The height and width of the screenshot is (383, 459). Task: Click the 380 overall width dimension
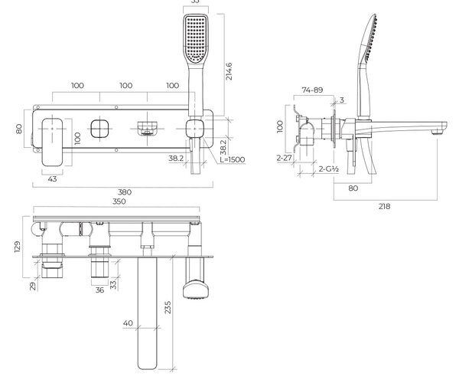click(125, 192)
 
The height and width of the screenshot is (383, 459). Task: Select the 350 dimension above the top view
click(119, 201)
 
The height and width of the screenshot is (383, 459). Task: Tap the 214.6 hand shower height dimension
click(229, 71)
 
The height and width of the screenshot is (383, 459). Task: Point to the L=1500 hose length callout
click(233, 159)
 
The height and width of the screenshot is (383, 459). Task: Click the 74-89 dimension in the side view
click(312, 90)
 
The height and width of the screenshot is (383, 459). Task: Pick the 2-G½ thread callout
click(329, 169)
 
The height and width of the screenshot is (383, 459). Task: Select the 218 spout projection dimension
click(384, 206)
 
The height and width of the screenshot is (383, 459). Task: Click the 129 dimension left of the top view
click(18, 247)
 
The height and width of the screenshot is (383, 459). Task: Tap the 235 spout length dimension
click(168, 307)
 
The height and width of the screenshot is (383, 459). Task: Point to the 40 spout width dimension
click(128, 323)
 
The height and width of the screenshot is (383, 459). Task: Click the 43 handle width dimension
click(52, 179)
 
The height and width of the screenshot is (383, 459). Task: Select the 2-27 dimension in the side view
click(285, 158)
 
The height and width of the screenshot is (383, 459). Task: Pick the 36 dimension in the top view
click(99, 290)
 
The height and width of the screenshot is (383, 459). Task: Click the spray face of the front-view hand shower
click(196, 38)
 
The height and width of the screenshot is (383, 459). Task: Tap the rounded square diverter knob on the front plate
click(99, 129)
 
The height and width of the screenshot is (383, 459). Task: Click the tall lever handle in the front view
click(52, 142)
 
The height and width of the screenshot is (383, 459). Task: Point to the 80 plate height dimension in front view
click(18, 129)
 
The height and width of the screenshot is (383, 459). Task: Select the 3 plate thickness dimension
click(342, 100)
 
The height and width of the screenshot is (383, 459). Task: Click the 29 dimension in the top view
click(33, 286)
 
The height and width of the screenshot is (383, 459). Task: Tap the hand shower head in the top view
click(196, 290)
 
